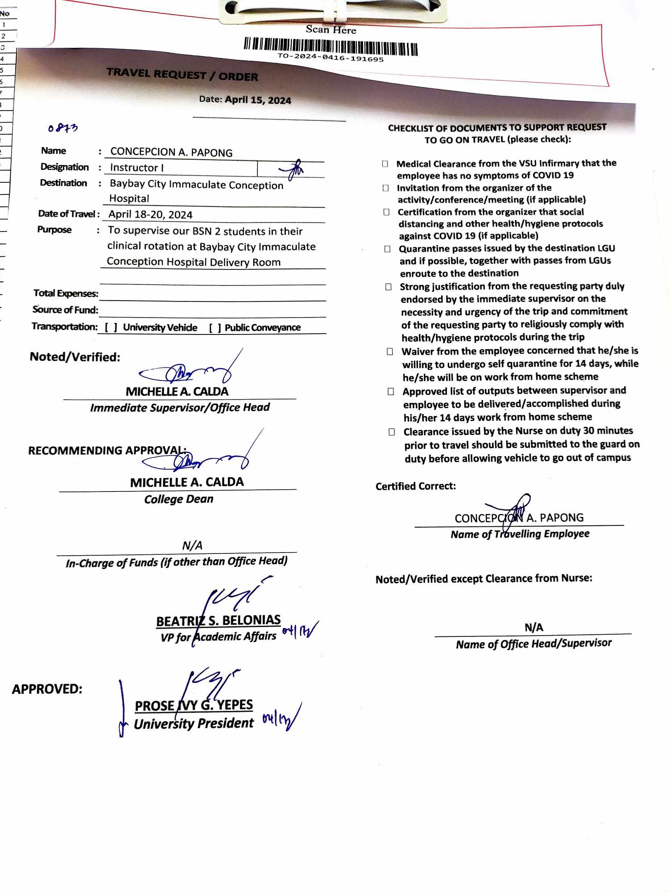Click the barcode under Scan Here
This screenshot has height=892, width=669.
[x=330, y=46]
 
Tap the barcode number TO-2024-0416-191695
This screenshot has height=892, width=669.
[x=330, y=58]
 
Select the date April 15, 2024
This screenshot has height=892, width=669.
[x=258, y=100]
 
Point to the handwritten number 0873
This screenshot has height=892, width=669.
[x=63, y=128]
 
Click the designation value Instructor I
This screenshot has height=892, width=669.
[x=137, y=168]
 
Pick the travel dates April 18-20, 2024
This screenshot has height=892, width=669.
[x=150, y=215]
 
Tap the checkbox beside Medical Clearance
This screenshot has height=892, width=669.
[x=385, y=164]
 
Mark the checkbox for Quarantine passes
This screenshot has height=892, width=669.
[x=388, y=248]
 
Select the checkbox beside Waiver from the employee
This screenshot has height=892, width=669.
[x=390, y=351]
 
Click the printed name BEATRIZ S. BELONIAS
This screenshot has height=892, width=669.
[x=218, y=620]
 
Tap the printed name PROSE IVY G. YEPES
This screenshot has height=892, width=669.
[x=194, y=705]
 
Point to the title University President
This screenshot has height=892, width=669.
[x=194, y=723]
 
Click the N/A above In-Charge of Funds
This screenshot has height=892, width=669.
[x=192, y=545]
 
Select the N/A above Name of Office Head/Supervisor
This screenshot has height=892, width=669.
[x=533, y=627]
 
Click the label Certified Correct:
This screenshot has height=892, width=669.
[x=416, y=486]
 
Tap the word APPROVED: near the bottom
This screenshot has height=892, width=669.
[x=47, y=689]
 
